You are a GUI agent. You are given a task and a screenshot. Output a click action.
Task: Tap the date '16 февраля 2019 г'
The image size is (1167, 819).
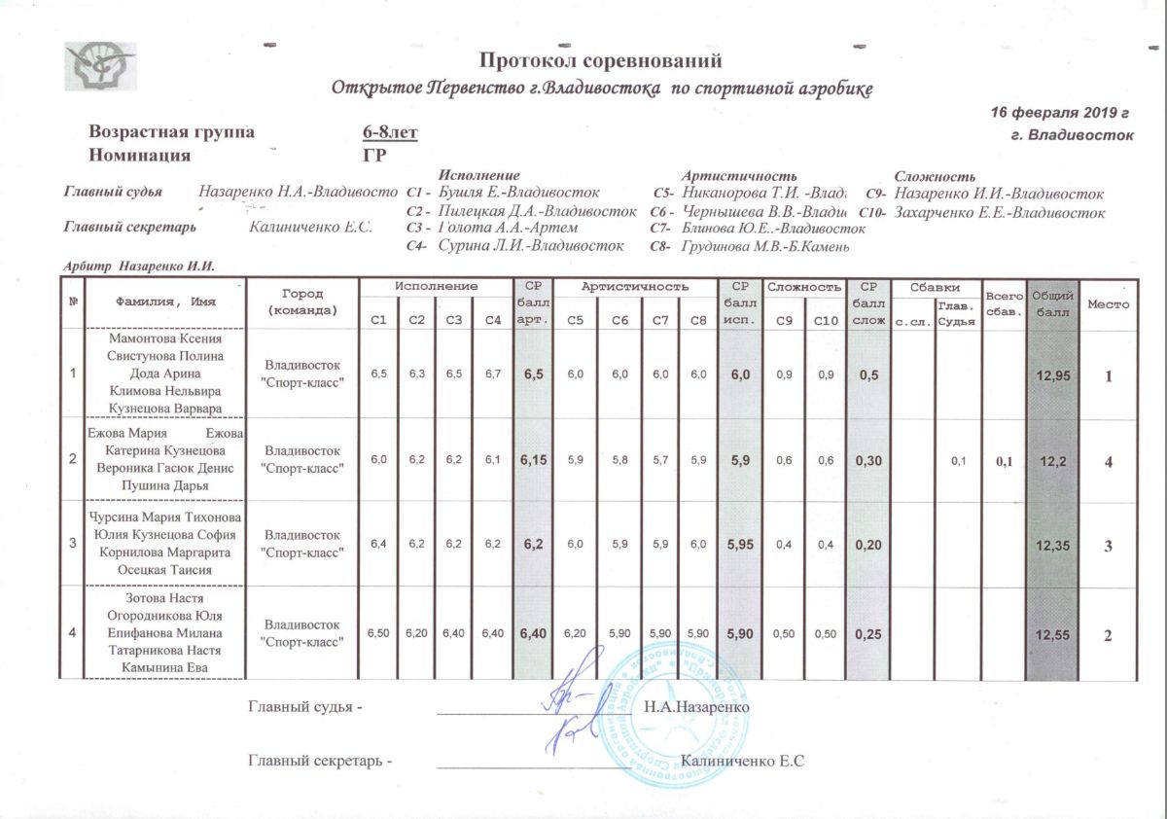point(1059,113)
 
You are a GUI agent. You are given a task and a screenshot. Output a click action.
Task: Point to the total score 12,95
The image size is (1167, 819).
point(1052,374)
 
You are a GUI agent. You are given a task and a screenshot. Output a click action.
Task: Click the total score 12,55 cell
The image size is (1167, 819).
point(1052,634)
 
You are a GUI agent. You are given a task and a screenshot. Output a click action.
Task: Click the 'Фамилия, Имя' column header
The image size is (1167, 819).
point(165,302)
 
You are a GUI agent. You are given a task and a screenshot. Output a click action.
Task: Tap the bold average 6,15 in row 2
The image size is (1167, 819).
point(532,460)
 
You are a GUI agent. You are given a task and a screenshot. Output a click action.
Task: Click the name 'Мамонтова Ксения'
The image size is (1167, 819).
point(165,338)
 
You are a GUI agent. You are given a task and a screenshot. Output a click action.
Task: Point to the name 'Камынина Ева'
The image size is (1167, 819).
point(165,667)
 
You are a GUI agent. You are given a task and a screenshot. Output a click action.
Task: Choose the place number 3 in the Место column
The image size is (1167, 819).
point(1108,547)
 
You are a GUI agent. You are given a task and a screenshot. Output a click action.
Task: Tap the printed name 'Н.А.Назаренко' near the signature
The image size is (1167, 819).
point(696,707)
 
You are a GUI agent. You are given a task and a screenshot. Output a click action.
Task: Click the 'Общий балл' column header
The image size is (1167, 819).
point(1052,303)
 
